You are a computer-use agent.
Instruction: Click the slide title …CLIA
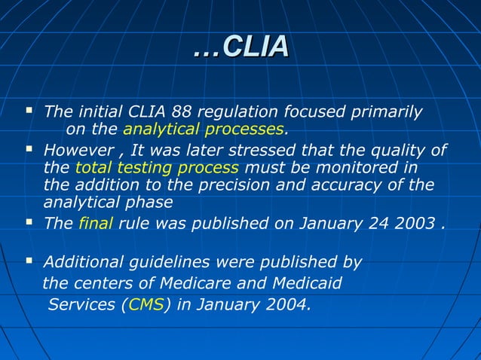click(240, 47)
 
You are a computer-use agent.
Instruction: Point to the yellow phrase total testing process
click(157, 166)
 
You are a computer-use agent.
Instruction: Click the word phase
click(150, 202)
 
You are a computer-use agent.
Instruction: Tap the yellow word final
click(94, 223)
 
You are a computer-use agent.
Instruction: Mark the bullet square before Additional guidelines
click(29, 261)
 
